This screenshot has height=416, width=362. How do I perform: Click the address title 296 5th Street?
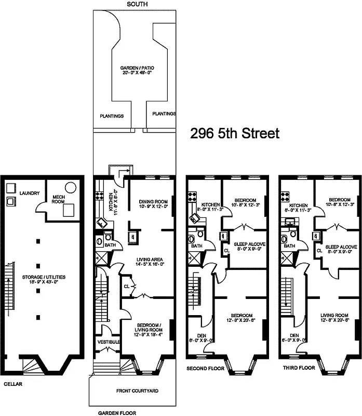point(235,134)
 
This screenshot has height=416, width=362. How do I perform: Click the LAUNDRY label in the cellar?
point(30,193)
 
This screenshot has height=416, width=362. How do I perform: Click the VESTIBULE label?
point(109,342)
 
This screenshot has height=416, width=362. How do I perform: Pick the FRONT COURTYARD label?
point(137,391)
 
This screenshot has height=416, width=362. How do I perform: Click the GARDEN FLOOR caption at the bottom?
point(119,413)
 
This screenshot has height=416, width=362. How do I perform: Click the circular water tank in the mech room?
point(70,187)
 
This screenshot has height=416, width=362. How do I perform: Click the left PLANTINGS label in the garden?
point(111,116)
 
